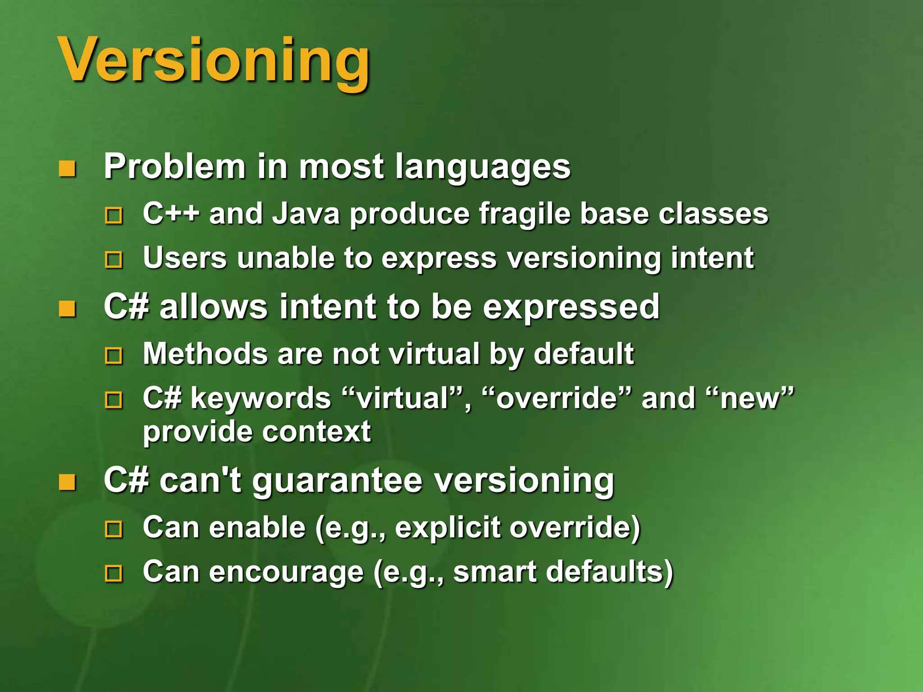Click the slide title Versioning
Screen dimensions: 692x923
pos(214,61)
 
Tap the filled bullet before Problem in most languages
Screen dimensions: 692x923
pos(68,169)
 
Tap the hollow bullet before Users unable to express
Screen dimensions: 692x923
pos(114,260)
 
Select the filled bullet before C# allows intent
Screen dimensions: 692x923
pos(68,309)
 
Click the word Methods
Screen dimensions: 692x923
pos(205,354)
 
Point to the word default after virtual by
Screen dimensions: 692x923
pos(584,354)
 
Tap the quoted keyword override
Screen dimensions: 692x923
pos(556,399)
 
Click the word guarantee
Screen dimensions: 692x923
pos(338,481)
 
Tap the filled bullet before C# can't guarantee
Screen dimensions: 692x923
pos(68,483)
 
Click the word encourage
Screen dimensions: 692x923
pos(286,572)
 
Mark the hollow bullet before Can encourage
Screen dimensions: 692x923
pos(114,574)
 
